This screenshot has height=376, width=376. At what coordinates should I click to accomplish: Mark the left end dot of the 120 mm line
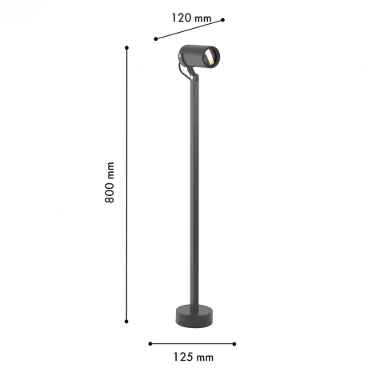155,37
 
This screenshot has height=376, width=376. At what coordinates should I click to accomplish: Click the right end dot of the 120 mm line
223,20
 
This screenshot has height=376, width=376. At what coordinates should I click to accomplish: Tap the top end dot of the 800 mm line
127,47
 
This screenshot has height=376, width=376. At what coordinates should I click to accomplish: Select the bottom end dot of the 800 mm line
127,320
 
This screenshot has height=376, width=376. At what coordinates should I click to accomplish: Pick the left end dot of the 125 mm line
150,344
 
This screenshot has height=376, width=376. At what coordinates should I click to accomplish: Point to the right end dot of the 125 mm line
235,344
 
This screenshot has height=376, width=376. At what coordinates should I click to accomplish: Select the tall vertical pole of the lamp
190,192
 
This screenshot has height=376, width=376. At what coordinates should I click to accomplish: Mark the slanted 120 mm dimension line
189,29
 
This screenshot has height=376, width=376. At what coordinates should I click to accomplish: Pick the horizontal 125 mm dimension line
192,344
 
